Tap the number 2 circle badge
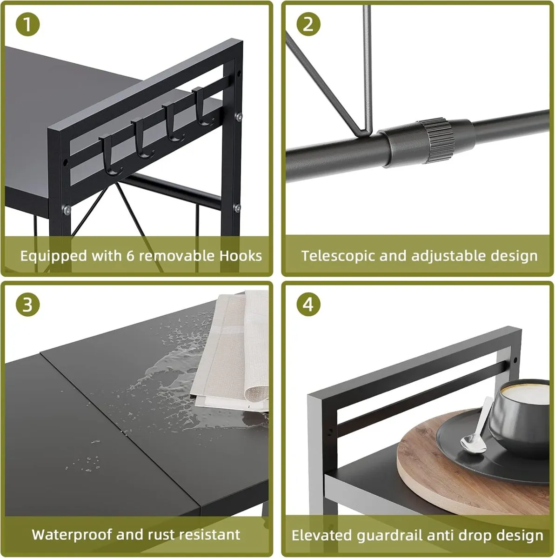point(308,24)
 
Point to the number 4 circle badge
point(308,305)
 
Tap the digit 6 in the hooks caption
point(131,256)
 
